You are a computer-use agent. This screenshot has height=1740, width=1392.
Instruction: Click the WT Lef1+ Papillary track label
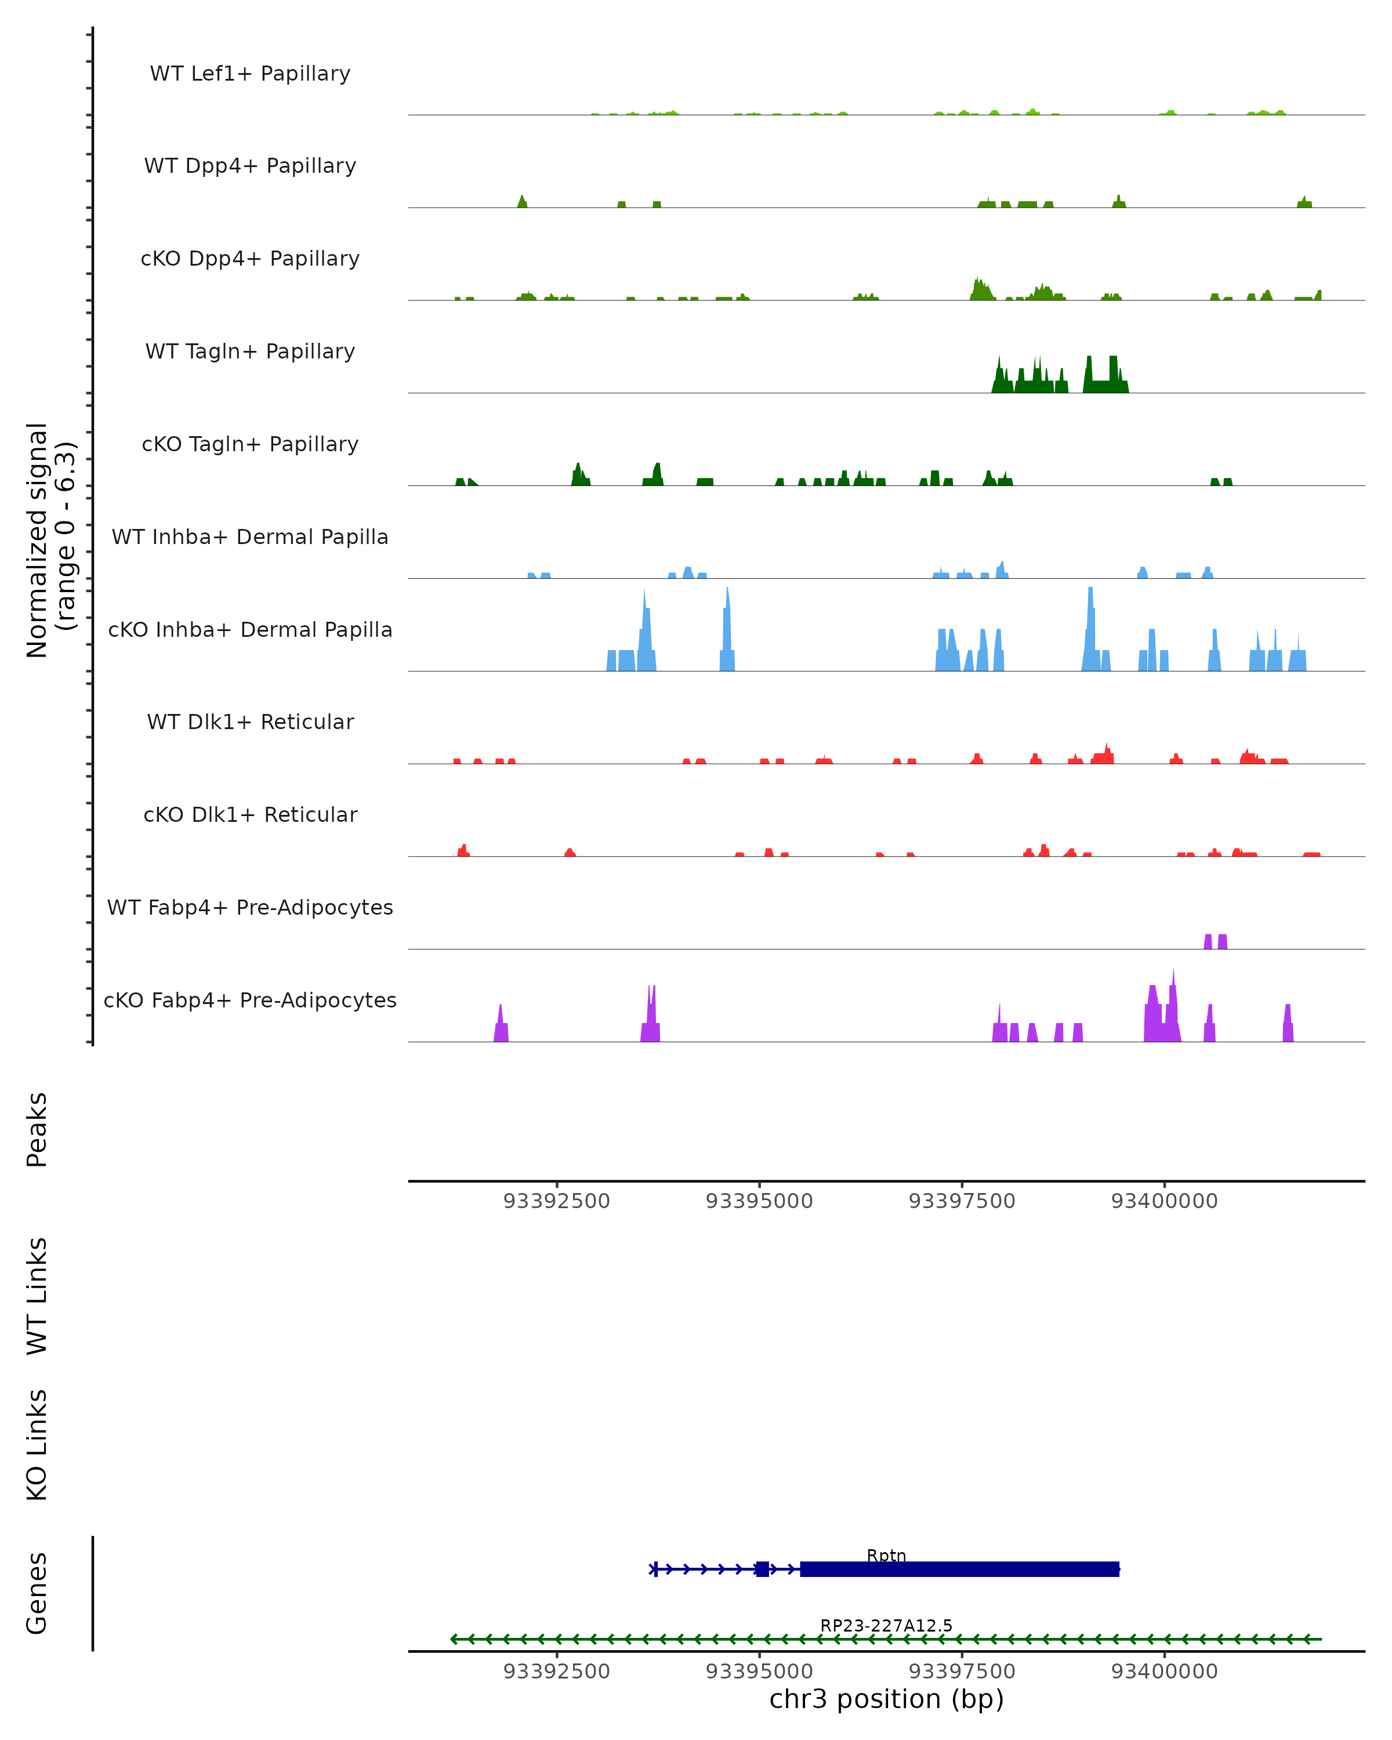[x=250, y=74]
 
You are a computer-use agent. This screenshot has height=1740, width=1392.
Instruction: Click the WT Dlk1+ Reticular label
[x=250, y=722]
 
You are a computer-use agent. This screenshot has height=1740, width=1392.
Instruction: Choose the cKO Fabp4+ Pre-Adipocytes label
[x=250, y=1000]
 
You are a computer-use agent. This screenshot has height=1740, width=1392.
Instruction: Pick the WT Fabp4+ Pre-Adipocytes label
[x=250, y=907]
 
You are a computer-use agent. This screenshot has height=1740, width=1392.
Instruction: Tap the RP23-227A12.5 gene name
[x=886, y=1625]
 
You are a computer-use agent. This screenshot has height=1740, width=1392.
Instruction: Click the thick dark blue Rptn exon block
[x=959, y=1569]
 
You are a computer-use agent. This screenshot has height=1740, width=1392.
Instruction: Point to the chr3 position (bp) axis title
[x=886, y=1699]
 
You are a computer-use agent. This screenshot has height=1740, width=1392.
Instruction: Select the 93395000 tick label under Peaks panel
[x=759, y=1201]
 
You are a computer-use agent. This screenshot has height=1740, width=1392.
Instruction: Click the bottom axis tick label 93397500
[x=962, y=1672]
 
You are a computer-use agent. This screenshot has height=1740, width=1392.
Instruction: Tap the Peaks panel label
[x=37, y=1130]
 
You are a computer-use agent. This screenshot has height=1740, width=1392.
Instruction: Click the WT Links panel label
[x=37, y=1295]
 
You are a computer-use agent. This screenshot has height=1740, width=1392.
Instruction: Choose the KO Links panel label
[x=37, y=1445]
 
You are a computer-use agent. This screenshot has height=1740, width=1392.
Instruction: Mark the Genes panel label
[x=37, y=1593]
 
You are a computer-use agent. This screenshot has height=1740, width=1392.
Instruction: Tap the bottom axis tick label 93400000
[x=1165, y=1672]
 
